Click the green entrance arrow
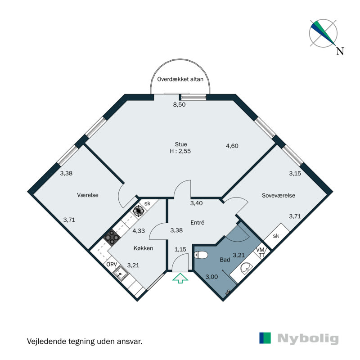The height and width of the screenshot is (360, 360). point(180,279)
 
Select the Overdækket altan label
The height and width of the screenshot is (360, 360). point(180,79)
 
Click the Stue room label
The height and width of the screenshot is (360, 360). point(181,144)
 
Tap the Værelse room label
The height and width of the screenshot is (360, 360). point(88,195)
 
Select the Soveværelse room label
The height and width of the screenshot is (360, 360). point(279,195)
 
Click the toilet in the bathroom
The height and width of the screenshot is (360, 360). point(201,255)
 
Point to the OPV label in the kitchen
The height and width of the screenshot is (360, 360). point(112,265)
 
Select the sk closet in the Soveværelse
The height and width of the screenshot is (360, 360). point(276,236)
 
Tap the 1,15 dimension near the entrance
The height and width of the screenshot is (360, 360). point(180,249)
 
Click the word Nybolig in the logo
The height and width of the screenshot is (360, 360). point(308,338)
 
